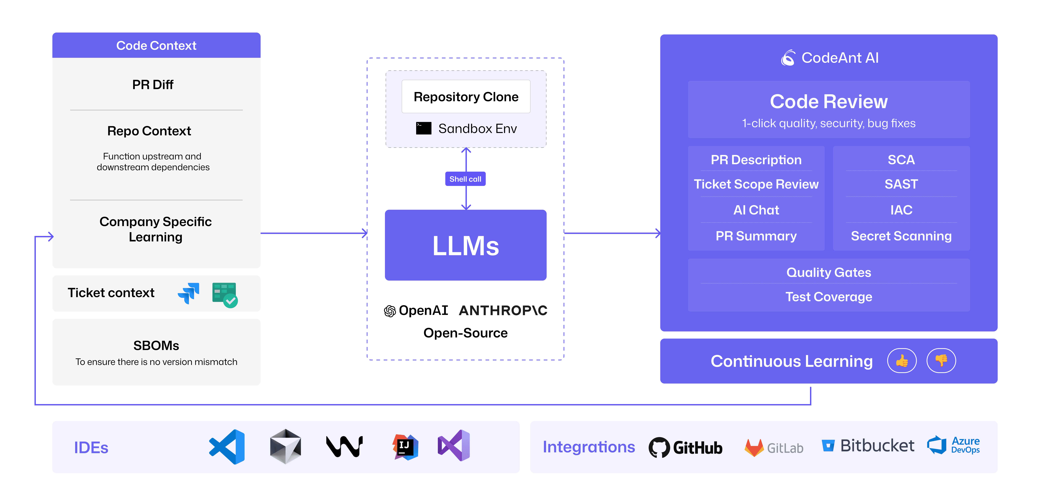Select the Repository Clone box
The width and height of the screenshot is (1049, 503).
(466, 97)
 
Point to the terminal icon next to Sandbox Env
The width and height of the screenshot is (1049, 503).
(424, 128)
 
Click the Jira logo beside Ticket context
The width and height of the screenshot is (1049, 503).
(189, 293)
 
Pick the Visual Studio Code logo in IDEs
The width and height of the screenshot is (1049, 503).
(227, 447)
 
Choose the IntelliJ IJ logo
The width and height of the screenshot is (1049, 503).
(405, 447)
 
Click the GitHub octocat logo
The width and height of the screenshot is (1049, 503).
(659, 448)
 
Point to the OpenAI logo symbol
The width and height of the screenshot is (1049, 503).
(390, 311)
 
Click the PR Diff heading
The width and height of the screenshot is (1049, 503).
(153, 85)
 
